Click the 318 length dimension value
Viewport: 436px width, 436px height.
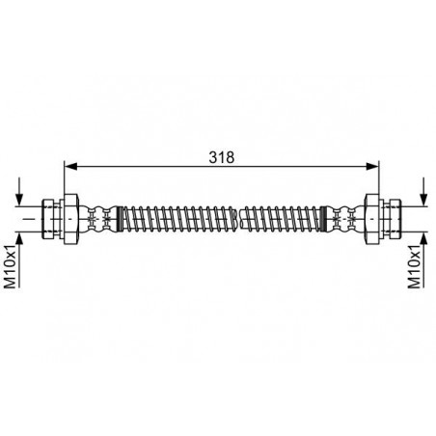click(x=222, y=157)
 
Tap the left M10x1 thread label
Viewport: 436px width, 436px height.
click(x=10, y=265)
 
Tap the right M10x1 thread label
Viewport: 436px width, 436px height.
click(x=415, y=265)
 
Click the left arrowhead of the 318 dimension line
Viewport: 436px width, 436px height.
click(x=70, y=166)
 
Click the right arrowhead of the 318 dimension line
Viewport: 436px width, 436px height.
click(x=372, y=166)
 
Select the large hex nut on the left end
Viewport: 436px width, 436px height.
click(x=71, y=219)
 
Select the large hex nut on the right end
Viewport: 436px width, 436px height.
click(x=371, y=219)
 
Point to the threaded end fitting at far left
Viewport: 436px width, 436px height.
click(x=51, y=219)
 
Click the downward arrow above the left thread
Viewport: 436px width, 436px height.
click(x=20, y=191)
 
